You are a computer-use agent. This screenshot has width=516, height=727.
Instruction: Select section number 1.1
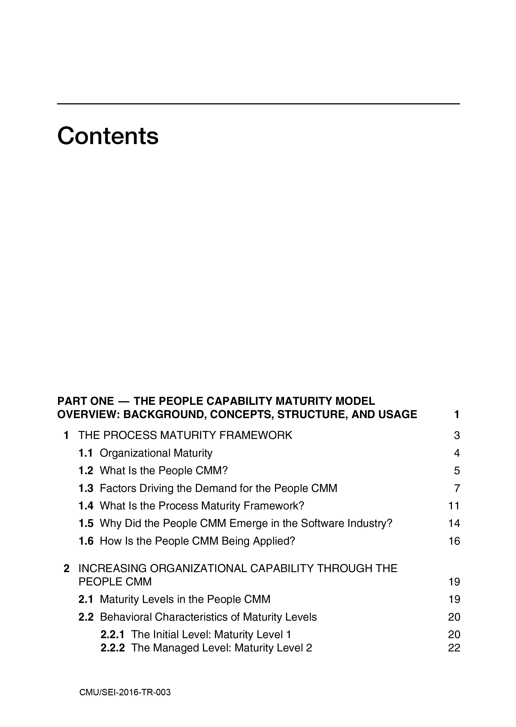click(86, 453)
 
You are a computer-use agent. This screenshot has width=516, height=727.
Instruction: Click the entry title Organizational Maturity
click(156, 453)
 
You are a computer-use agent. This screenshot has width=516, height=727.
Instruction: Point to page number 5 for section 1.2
click(457, 471)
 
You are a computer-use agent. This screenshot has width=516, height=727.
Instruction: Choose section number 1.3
click(86, 488)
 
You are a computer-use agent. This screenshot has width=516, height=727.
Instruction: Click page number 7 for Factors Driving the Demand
click(457, 488)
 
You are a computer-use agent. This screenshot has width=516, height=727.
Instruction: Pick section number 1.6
click(86, 541)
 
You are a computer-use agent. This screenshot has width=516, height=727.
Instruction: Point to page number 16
click(454, 541)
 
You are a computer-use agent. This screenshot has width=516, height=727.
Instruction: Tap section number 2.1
click(86, 599)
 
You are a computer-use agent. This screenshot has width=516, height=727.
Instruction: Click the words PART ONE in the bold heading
click(85, 401)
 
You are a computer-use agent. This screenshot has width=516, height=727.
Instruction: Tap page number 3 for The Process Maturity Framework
click(457, 435)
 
